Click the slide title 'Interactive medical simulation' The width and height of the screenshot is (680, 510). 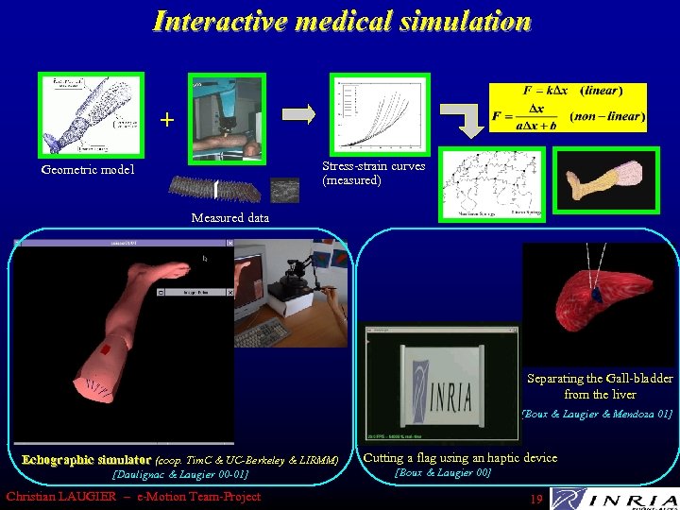coord(342,21)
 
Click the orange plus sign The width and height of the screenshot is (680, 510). coord(167,120)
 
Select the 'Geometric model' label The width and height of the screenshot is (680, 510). coord(88,170)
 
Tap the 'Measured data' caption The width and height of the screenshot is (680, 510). coord(229,217)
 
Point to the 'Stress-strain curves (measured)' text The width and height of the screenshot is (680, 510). coord(373,173)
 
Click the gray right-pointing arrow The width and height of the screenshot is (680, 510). coord(299,114)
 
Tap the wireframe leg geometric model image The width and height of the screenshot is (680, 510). coord(91,114)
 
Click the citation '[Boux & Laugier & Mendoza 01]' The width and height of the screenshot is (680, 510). coord(597,414)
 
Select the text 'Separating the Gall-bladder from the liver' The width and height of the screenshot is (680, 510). coord(600,386)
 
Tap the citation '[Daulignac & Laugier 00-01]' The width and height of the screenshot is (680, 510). coord(179,474)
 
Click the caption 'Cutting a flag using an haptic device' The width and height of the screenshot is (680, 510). coord(460,458)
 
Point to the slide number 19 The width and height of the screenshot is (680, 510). coord(535,498)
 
